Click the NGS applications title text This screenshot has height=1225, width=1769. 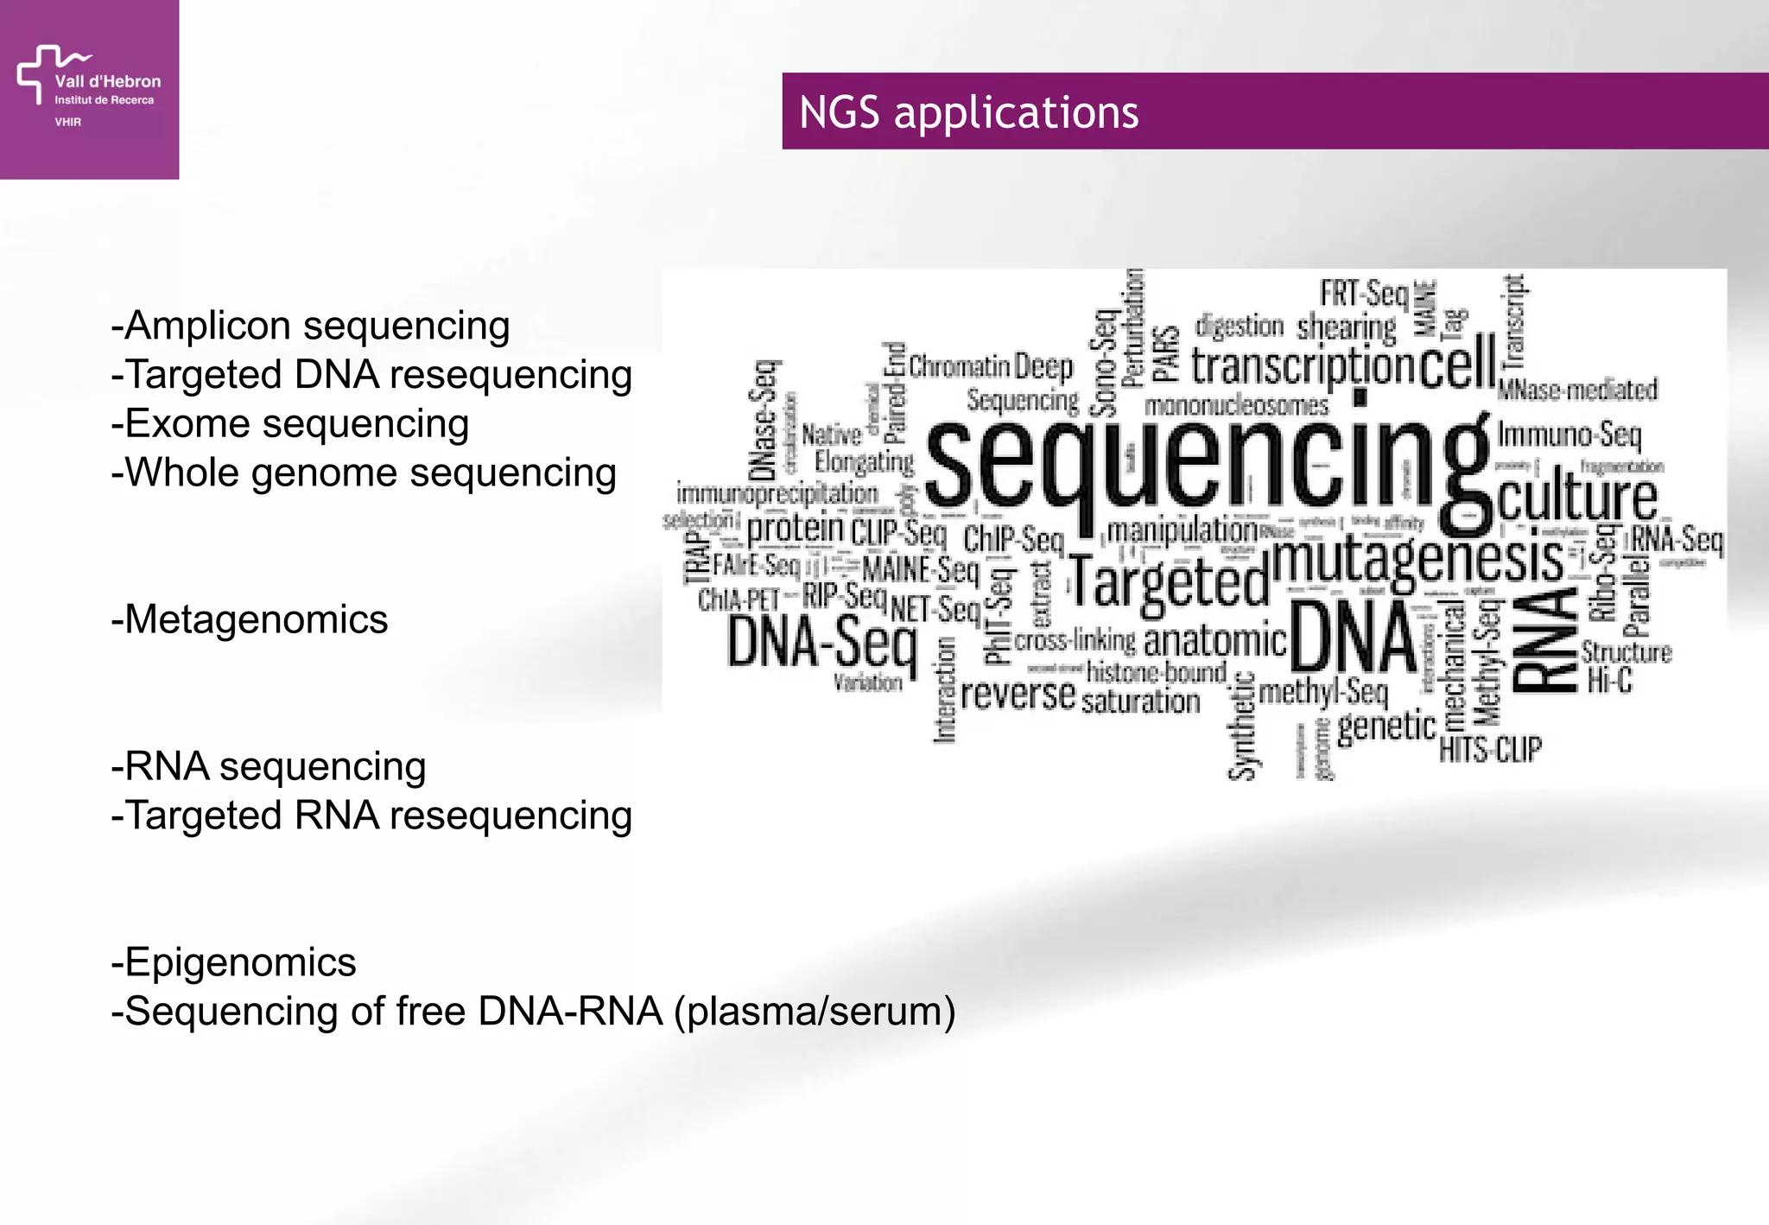pos(968,112)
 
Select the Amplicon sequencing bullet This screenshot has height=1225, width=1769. pos(311,326)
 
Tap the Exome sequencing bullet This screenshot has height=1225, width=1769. pos(290,424)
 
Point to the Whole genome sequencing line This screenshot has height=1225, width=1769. pos(364,473)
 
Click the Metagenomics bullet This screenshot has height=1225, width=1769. pos(250,620)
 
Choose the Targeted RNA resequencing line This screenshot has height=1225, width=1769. pos(371,816)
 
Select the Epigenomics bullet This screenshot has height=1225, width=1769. pos(233,962)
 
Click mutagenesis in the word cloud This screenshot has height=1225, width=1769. pos(1417,560)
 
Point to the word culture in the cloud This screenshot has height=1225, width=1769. pos(1576,498)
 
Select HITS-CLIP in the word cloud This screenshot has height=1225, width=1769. pos(1489,749)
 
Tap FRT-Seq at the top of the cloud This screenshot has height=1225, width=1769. pos(1363,294)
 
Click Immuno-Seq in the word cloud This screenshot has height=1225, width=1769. pos(1569,434)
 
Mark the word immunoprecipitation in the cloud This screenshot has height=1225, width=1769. pos(777,494)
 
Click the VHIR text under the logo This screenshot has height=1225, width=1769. pos(67,122)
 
